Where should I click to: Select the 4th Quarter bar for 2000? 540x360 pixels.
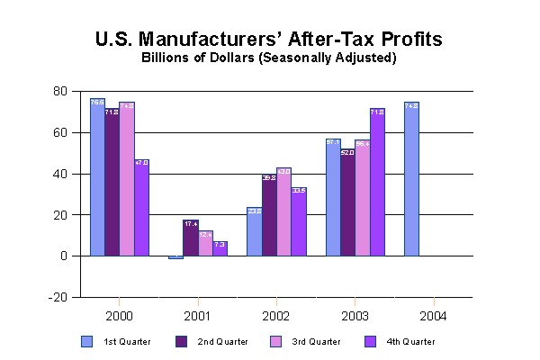tap(141, 207)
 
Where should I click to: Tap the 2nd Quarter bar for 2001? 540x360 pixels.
tap(190, 238)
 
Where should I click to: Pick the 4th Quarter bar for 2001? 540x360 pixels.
tap(220, 248)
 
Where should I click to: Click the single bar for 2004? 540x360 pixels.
tap(411, 179)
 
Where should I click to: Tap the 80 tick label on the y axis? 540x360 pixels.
tap(60, 91)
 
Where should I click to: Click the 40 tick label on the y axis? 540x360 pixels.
tap(60, 174)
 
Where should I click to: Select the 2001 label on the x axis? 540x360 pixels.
tap(200, 316)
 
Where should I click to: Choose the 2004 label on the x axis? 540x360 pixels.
tap(435, 316)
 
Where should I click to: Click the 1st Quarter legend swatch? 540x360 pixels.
tap(86, 341)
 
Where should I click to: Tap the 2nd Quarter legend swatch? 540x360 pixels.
tap(182, 341)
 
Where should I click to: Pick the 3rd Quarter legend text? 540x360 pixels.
tap(316, 342)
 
